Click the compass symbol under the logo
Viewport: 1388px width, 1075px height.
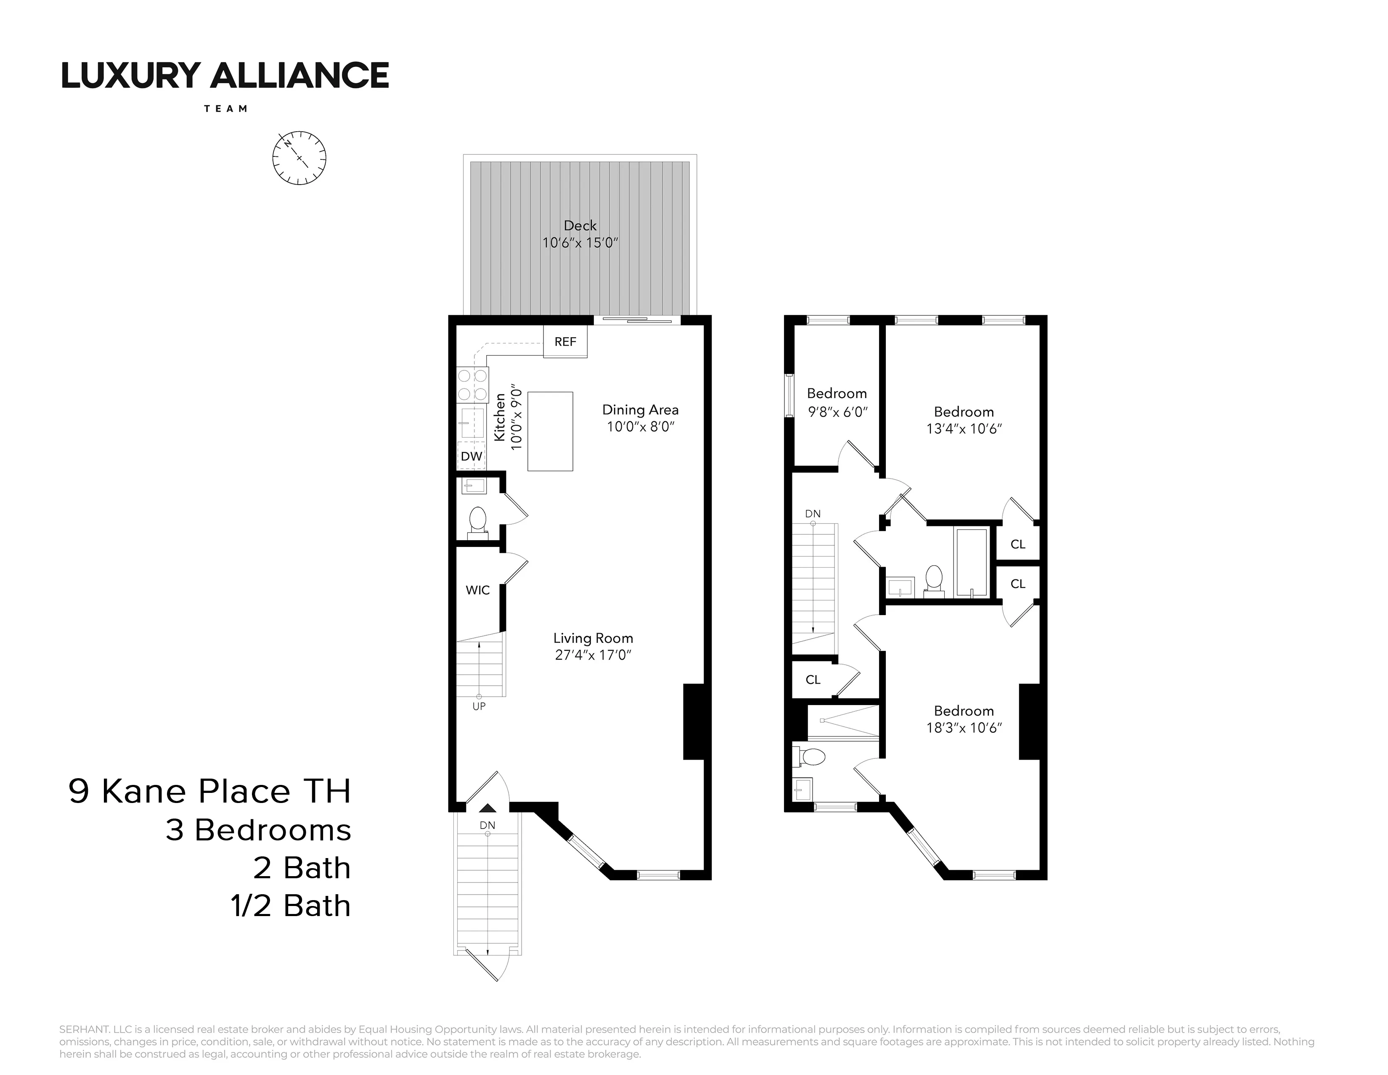tap(299, 158)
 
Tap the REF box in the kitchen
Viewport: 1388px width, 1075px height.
tap(565, 342)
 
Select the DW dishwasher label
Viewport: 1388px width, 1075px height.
tap(471, 456)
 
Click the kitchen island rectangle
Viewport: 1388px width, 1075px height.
tap(551, 431)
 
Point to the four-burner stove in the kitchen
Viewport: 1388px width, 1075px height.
tap(473, 385)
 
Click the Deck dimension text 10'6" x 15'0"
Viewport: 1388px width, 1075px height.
tap(580, 243)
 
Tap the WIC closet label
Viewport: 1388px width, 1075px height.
tap(477, 590)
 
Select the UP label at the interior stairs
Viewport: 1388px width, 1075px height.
tap(479, 706)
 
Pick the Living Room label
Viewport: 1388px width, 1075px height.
tap(593, 638)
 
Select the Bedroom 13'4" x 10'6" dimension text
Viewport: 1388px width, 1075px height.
tap(964, 429)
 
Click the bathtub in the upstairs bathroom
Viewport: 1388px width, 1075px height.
tap(972, 562)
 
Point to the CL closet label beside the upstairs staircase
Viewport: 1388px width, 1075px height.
tap(813, 680)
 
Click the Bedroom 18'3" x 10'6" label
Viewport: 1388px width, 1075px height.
tap(964, 711)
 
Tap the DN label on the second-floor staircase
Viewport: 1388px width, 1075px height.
tap(813, 513)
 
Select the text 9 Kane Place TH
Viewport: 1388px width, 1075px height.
tap(210, 792)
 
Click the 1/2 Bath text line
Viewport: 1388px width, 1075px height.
tap(291, 906)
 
